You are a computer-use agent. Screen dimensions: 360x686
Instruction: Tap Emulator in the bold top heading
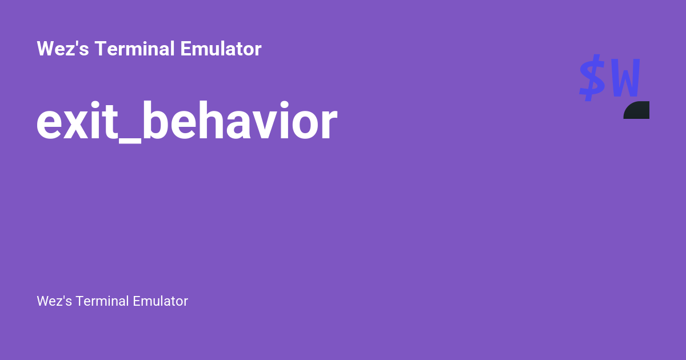click(221, 49)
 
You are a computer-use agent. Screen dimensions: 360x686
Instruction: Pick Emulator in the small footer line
click(160, 301)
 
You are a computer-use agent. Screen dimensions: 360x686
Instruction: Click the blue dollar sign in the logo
click(592, 78)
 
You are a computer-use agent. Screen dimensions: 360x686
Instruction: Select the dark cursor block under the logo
click(637, 110)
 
